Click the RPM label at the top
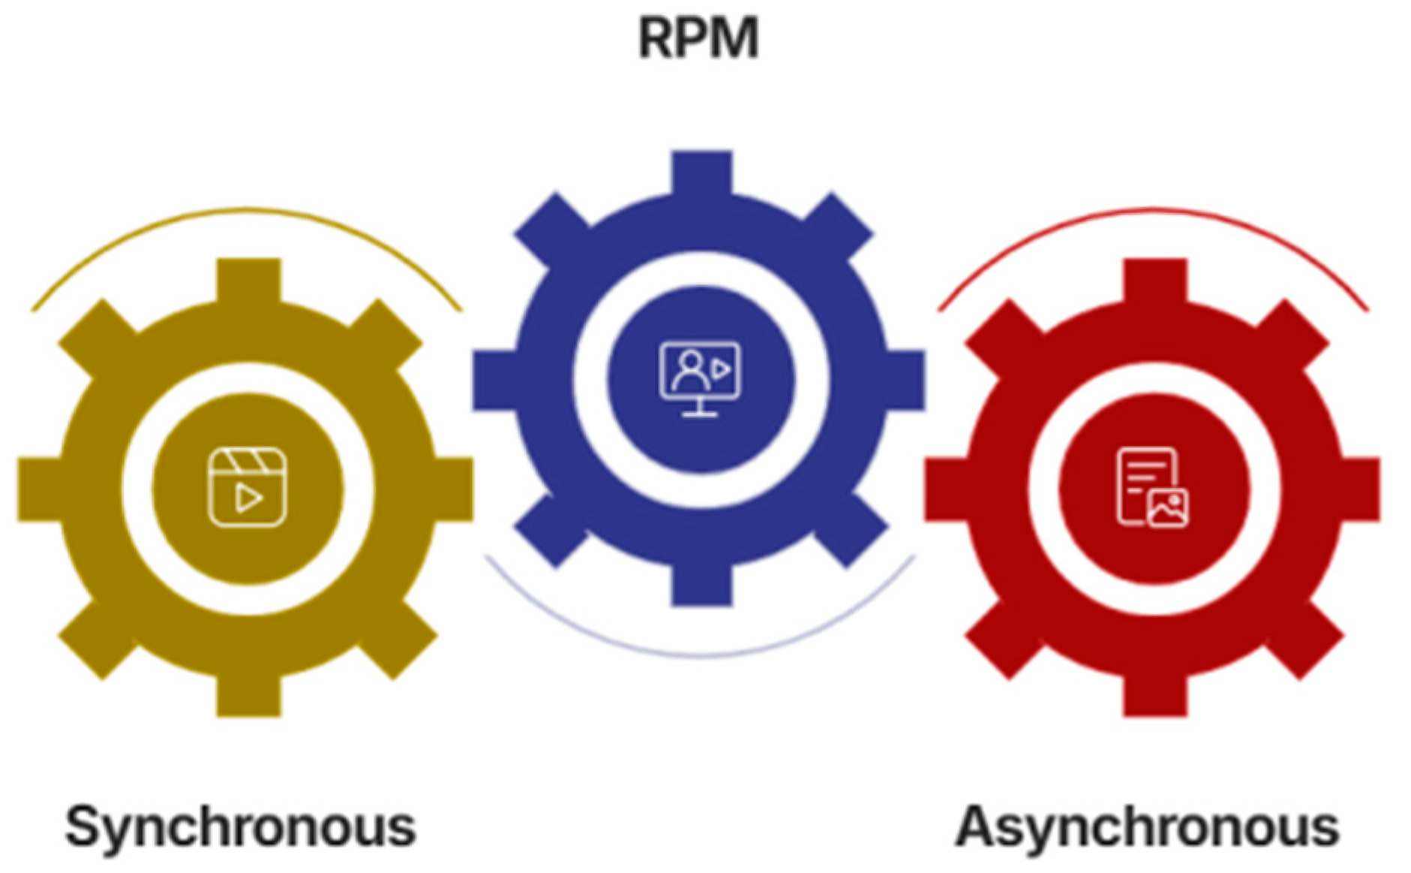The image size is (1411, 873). point(698,38)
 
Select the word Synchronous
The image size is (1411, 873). point(240,827)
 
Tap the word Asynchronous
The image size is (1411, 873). point(1147,827)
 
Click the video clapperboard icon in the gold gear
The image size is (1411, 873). point(247,487)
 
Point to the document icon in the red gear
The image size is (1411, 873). point(1151,487)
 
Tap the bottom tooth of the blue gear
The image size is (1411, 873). point(701,586)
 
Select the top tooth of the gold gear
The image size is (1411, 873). point(248,280)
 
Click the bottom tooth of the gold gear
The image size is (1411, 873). point(248,696)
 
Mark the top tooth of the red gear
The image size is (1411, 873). point(1154,280)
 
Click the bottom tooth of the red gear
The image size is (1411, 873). point(1154,696)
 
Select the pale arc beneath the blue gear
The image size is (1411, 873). point(701,655)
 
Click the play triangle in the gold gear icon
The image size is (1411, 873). point(248,498)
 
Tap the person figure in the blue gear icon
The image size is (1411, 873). point(689,369)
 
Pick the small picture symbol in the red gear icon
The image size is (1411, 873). point(1167,508)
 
